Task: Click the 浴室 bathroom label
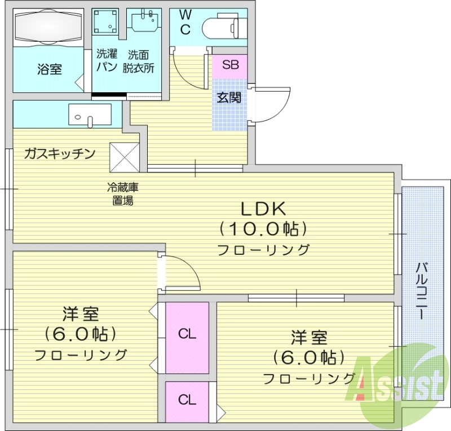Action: [50, 69]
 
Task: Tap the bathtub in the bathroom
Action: [48, 26]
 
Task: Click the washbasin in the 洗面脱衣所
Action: [144, 22]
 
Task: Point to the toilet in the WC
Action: [222, 26]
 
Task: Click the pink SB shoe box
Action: [230, 65]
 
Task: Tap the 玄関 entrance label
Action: [229, 97]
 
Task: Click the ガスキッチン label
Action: [60, 154]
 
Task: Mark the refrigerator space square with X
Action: [123, 156]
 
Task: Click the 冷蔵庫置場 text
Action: [123, 194]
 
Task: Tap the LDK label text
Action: [264, 209]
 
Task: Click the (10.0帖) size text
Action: [263, 229]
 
